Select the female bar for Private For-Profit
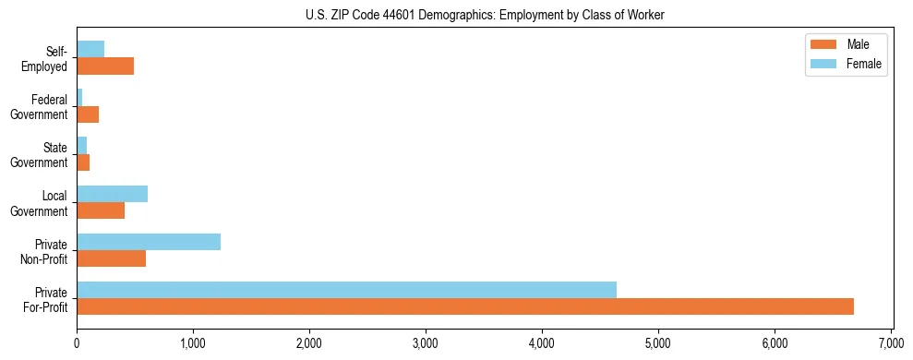tap(346, 290)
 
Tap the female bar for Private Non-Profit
tap(149, 242)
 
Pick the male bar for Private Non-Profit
tap(111, 258)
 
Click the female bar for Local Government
tap(112, 194)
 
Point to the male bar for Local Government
tap(101, 210)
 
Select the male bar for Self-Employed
tap(105, 66)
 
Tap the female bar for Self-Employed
tap(90, 49)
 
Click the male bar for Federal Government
tap(88, 114)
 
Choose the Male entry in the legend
tap(845, 44)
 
